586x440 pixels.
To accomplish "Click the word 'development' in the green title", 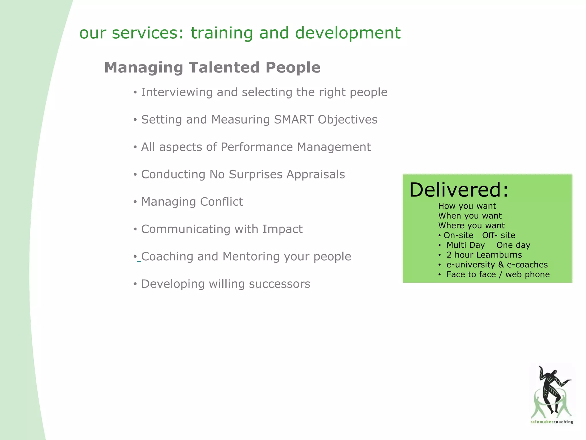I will pos(348,33).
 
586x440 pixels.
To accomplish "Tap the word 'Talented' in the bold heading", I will pos(224,68).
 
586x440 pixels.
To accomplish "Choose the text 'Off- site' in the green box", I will pos(498,235).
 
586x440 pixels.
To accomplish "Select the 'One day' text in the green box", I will pos(513,245).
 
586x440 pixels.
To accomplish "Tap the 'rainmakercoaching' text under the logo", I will pos(552,422).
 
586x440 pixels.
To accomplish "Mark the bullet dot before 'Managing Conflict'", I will pos(135,202).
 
